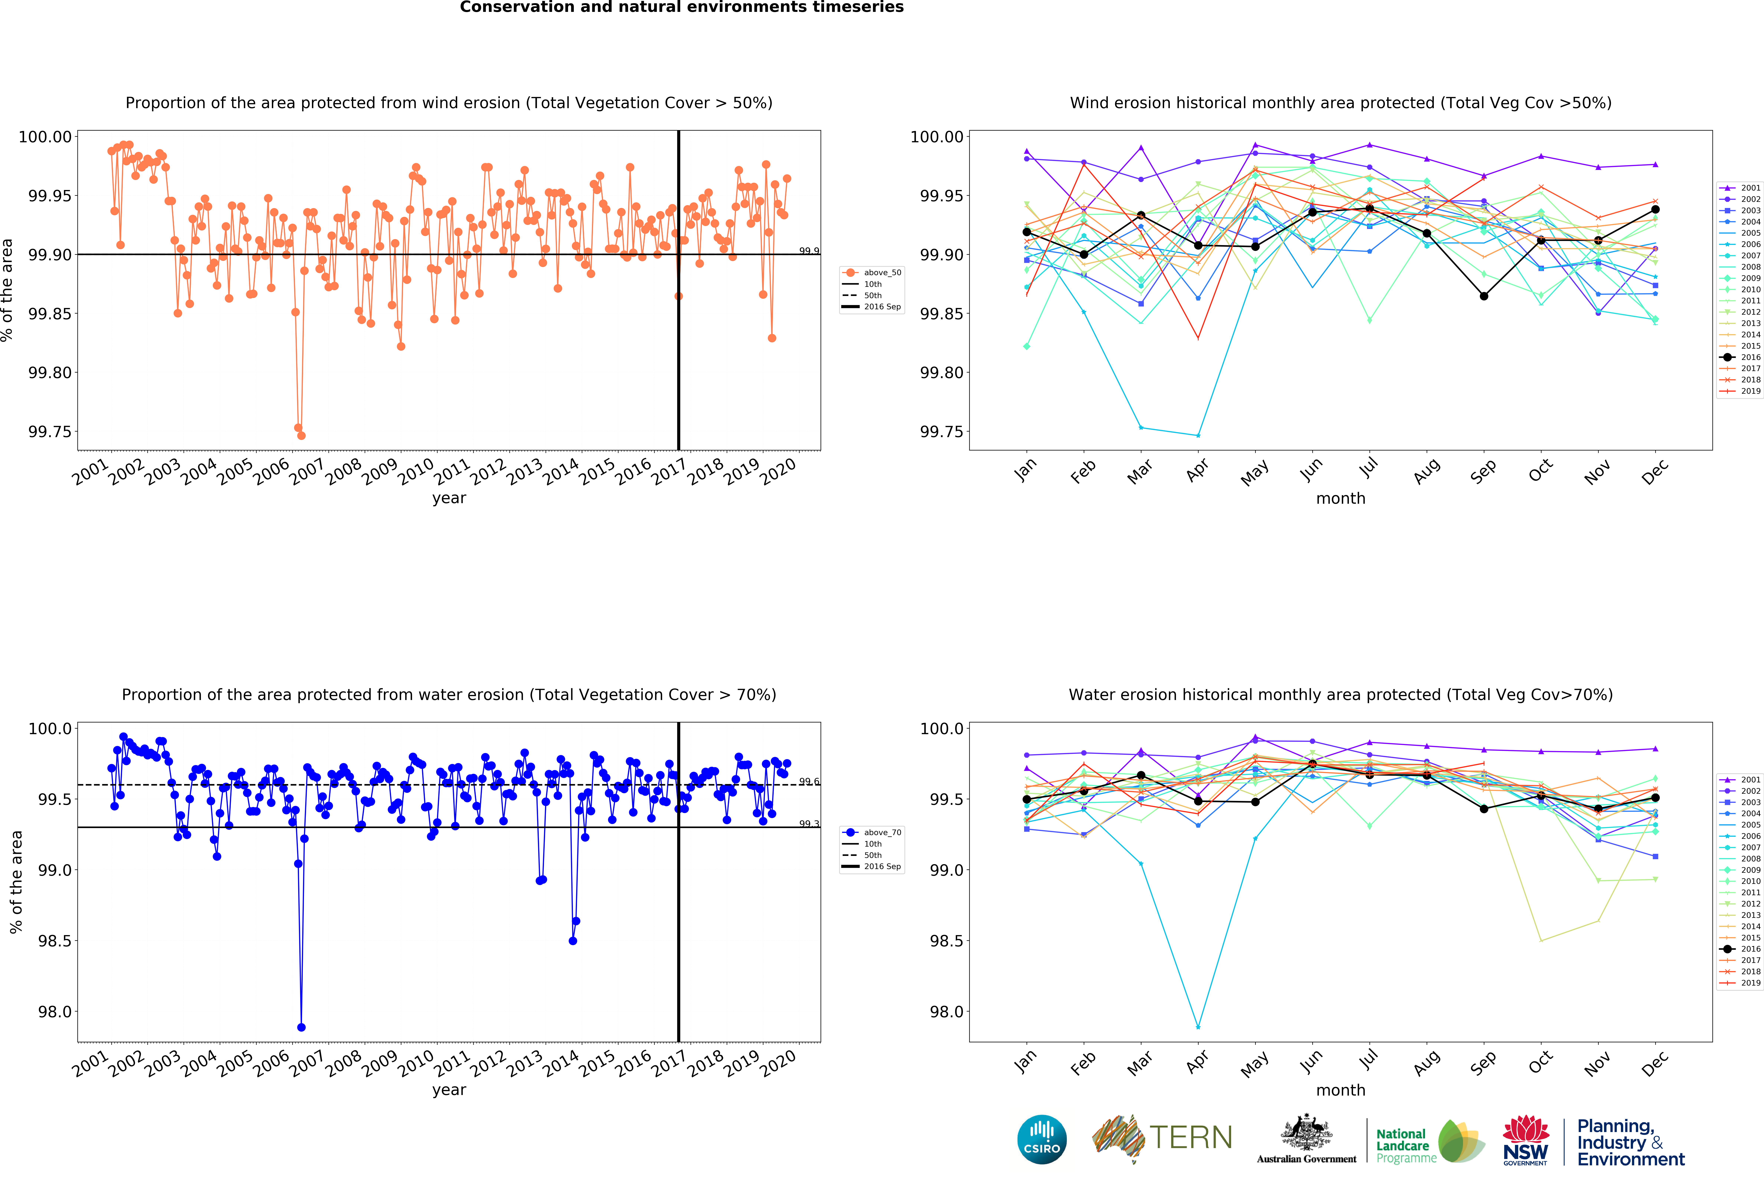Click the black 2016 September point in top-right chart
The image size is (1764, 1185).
point(1484,296)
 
